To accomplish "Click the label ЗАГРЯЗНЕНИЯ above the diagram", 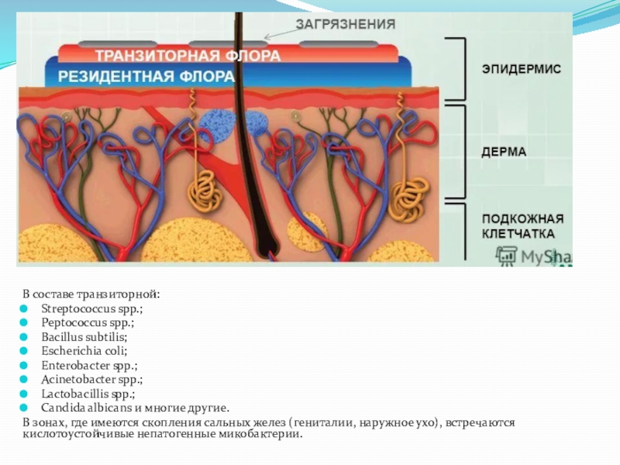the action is pyautogui.click(x=346, y=25).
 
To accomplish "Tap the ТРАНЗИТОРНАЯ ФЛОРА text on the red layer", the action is pyautogui.click(x=188, y=57).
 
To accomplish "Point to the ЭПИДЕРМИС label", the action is pyautogui.click(x=521, y=69).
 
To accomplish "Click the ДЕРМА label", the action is pyautogui.click(x=504, y=152).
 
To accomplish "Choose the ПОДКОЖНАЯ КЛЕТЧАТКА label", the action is pyautogui.click(x=522, y=226).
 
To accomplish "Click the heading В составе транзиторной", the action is pyautogui.click(x=91, y=294).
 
